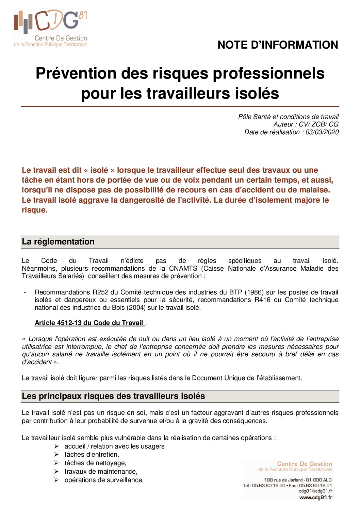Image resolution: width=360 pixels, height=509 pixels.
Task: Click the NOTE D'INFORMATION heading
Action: pos(278,45)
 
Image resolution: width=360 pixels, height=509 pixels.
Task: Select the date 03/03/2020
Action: pos(322,132)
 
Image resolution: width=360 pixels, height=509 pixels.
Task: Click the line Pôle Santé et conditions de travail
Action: pos(288,117)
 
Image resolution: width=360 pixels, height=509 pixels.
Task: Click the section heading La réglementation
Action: pos(58,242)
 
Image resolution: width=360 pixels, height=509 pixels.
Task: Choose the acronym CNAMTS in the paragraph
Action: pos(183,269)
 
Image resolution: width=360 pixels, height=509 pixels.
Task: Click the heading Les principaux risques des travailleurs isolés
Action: pos(113,396)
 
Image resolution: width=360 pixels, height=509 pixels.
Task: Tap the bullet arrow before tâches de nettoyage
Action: pos(56,463)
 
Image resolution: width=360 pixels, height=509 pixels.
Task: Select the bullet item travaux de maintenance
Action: pos(101,472)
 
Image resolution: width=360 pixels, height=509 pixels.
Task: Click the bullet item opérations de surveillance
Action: pos(104,480)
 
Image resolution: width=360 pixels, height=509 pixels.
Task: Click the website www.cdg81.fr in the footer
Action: pos(316,497)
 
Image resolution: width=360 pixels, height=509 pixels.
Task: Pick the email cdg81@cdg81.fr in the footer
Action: pos(315,491)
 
